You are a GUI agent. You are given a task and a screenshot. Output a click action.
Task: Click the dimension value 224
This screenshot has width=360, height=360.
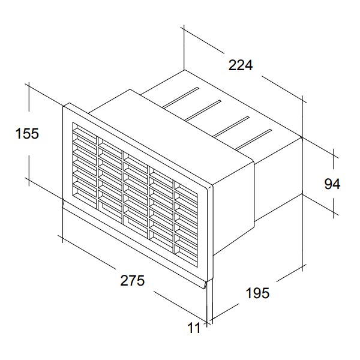[x=241, y=65]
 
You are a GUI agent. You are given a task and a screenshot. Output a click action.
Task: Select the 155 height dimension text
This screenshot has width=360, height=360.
[x=27, y=133]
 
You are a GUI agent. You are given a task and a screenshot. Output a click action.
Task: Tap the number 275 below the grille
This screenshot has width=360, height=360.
[x=133, y=280]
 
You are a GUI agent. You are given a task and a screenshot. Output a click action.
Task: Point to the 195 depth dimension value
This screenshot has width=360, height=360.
[x=257, y=293]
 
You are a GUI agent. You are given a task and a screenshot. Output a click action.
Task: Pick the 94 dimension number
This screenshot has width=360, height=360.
[x=332, y=184]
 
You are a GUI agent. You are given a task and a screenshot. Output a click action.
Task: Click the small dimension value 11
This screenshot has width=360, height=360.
[x=194, y=328]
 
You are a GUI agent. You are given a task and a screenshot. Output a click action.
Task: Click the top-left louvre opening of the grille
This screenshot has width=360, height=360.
[x=85, y=130]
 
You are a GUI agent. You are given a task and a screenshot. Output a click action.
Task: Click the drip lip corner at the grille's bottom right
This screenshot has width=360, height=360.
[x=205, y=286]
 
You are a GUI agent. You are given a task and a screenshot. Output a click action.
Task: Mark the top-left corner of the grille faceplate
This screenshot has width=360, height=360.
[x=64, y=106]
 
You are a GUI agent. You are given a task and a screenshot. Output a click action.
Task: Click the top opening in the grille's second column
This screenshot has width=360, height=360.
[x=110, y=143]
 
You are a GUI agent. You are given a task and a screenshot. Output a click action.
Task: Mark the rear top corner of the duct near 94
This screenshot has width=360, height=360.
[x=302, y=137]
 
